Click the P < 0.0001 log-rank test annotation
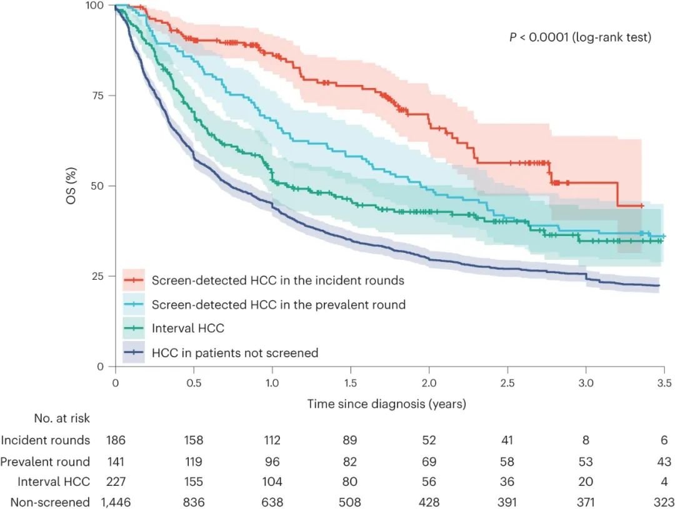pos(581,37)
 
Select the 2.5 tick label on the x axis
pos(507,382)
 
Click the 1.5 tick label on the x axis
pos(351,382)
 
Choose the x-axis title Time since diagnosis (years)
pos(386,404)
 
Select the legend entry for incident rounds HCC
pos(277,280)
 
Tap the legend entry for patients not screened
pos(234,353)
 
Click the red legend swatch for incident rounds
pos(133,280)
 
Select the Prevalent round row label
pos(45,462)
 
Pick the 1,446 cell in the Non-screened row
pos(116,502)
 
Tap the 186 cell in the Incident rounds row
pos(116,440)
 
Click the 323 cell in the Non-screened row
pos(664,502)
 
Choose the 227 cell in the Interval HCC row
pos(116,482)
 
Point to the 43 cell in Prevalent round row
pos(664,462)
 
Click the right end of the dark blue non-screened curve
pos(659,285)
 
